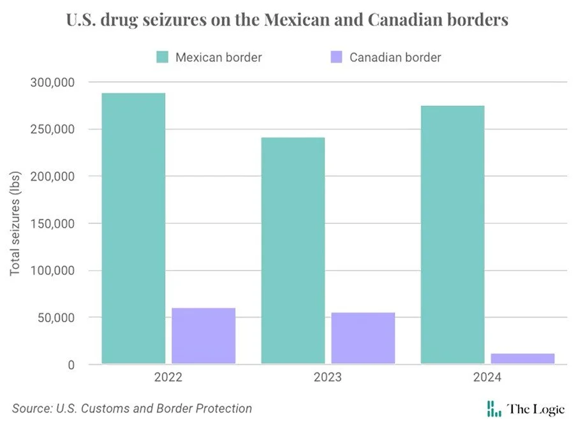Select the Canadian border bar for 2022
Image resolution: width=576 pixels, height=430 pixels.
pos(203,336)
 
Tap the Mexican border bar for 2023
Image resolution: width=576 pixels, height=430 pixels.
pos(293,251)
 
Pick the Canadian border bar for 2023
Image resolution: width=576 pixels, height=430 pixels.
pos(363,338)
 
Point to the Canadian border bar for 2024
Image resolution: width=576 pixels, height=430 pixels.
pos(522,359)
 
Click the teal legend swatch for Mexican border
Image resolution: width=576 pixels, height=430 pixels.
pos(162,57)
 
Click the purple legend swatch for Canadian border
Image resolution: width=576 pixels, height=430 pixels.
pos(337,57)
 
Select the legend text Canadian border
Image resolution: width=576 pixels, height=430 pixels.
pos(395,57)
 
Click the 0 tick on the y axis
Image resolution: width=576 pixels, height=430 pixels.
pos(72,365)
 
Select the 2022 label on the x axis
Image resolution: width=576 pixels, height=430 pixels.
pos(168,377)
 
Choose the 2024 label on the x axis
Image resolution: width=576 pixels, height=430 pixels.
pos(487,377)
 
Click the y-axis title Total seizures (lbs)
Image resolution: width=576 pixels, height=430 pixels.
pos(15,223)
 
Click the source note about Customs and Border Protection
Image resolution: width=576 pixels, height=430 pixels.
pos(132,408)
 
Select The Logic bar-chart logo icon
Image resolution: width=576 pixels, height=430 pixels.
pos(494,409)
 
